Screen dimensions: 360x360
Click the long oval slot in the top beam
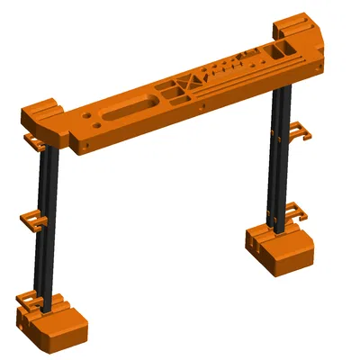tap(126, 109)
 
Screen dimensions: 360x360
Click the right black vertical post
tap(281, 153)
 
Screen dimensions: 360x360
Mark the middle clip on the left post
tap(33, 219)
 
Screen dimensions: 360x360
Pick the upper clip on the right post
tap(299, 134)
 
